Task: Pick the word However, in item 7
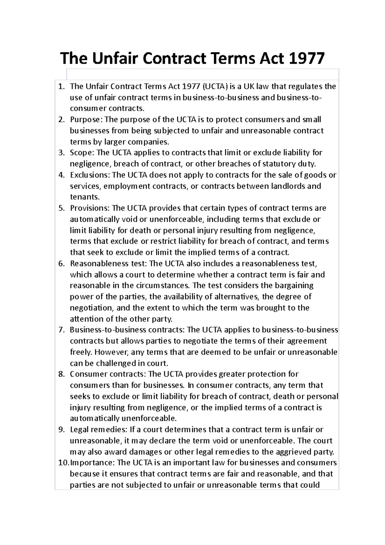click(112, 352)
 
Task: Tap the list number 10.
click(63, 463)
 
